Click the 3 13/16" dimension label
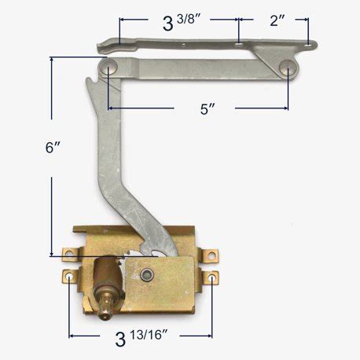pyautogui.click(x=145, y=340)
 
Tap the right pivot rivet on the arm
pyautogui.click(x=289, y=71)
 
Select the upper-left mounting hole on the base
pyautogui.click(x=68, y=254)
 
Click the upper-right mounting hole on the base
pyautogui.click(x=210, y=255)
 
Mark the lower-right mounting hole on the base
pyautogui.click(x=213, y=277)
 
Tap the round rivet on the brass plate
pyautogui.click(x=146, y=273)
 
